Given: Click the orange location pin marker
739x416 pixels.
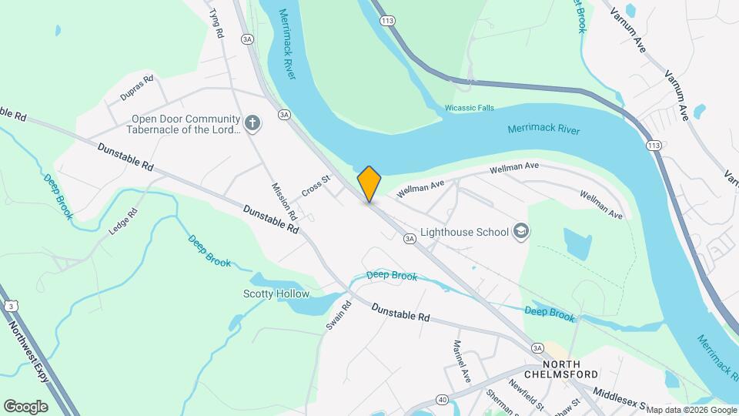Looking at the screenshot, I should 369,184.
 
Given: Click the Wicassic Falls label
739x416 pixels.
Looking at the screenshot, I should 469,108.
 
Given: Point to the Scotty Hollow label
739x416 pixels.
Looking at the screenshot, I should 276,294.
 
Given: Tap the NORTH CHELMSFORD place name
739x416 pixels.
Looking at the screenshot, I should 571,370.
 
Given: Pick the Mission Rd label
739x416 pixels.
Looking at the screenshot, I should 283,199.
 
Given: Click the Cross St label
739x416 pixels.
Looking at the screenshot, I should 316,186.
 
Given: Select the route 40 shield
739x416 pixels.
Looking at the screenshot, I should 441,399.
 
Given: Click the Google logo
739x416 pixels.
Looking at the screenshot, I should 25,406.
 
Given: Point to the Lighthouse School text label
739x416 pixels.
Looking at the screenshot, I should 464,232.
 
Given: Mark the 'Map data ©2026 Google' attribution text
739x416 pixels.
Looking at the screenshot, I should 691,410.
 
